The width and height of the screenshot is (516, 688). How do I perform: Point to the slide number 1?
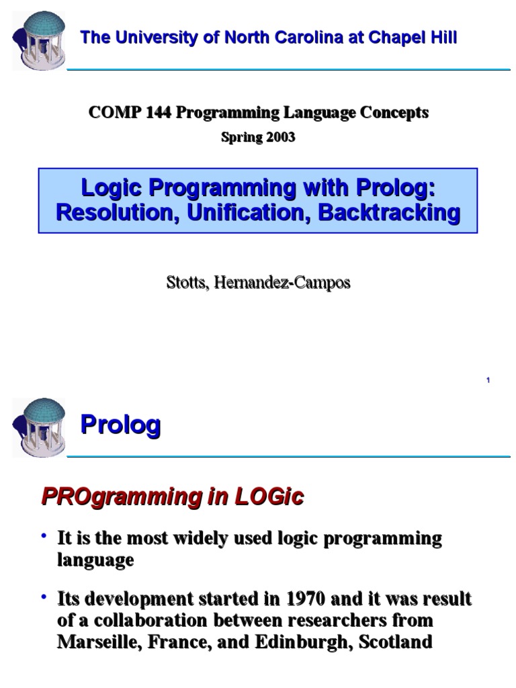[488, 381]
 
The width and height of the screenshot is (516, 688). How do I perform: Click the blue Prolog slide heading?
[120, 425]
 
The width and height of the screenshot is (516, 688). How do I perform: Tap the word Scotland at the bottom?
[396, 642]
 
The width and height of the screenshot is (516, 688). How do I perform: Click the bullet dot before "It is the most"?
[44, 536]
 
